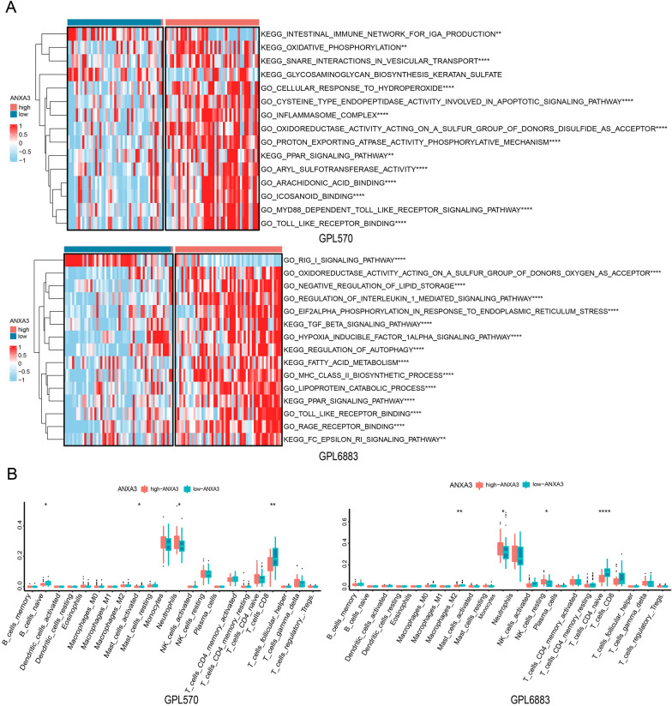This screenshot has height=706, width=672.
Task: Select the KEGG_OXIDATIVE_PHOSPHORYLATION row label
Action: point(334,48)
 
